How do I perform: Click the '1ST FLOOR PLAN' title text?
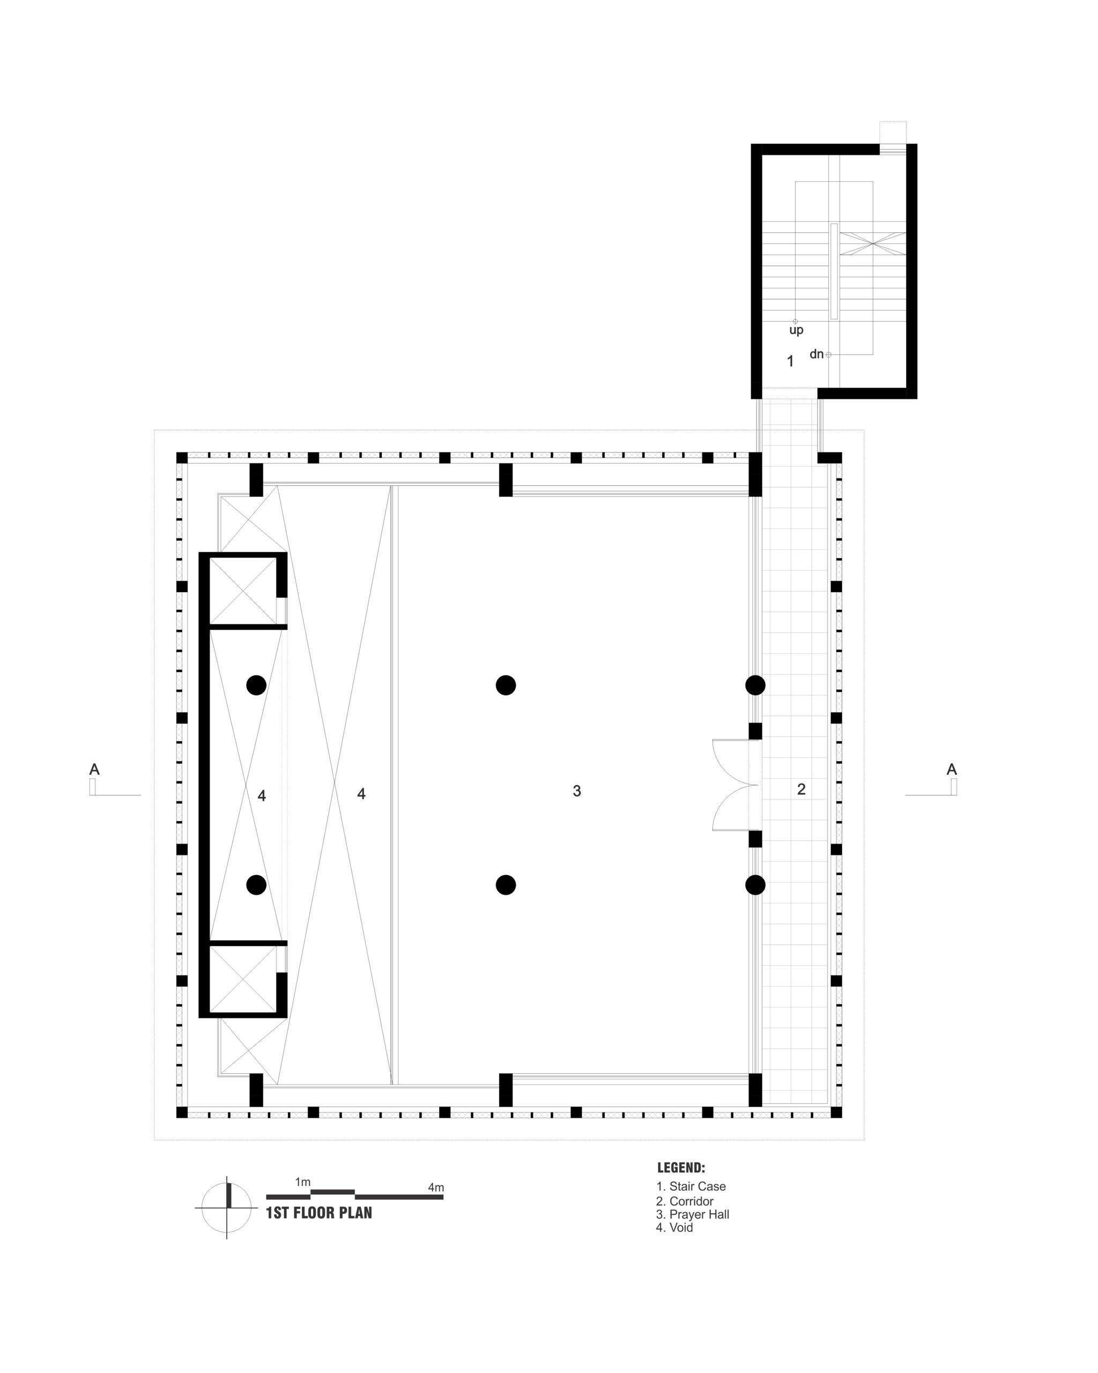click(318, 1213)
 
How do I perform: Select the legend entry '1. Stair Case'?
click(691, 1186)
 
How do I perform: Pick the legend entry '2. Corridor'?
click(685, 1201)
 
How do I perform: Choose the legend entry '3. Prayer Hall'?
click(693, 1214)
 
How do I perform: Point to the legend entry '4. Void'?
click(674, 1228)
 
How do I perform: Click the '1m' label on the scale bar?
click(303, 1182)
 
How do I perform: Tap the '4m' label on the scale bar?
click(436, 1187)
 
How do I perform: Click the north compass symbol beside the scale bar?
click(227, 1207)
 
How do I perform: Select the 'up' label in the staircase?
click(796, 330)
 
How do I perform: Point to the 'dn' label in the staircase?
click(817, 354)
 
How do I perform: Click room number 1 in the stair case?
click(791, 361)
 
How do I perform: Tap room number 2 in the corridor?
click(802, 789)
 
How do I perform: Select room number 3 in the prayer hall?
click(577, 791)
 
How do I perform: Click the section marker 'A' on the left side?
click(94, 769)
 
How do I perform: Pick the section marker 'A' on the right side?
click(952, 769)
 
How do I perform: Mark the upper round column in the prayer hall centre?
click(506, 685)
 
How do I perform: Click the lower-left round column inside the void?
click(256, 884)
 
